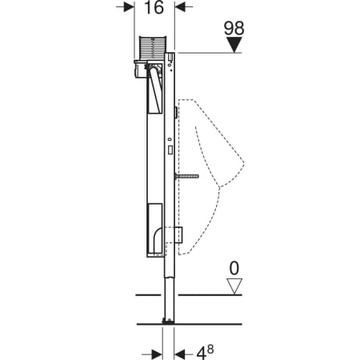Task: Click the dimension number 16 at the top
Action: [154, 7]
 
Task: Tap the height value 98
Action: [234, 28]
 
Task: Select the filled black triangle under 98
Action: [234, 45]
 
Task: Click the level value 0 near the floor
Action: [234, 269]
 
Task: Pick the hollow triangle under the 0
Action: [234, 286]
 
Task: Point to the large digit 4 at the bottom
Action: [202, 354]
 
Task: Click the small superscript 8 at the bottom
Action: [210, 349]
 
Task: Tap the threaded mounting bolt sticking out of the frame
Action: [186, 176]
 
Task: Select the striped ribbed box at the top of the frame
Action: [153, 47]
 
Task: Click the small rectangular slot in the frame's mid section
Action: [170, 150]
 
